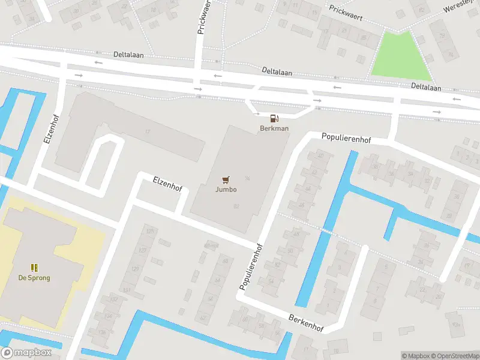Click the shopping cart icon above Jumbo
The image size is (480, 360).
[226, 179]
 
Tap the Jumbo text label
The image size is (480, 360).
[226, 190]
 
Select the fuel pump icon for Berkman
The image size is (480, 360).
[274, 119]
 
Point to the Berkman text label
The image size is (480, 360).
[274, 128]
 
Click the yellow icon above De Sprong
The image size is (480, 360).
[34, 268]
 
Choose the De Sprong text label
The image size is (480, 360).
[34, 278]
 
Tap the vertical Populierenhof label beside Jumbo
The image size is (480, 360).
[252, 267]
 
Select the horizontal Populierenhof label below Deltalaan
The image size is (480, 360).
[346, 139]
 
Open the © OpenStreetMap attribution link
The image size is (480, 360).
[454, 356]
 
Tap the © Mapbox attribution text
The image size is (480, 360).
[415, 356]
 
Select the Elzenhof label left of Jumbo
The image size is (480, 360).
[167, 183]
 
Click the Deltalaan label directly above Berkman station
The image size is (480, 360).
[277, 71]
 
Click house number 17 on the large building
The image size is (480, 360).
[147, 131]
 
